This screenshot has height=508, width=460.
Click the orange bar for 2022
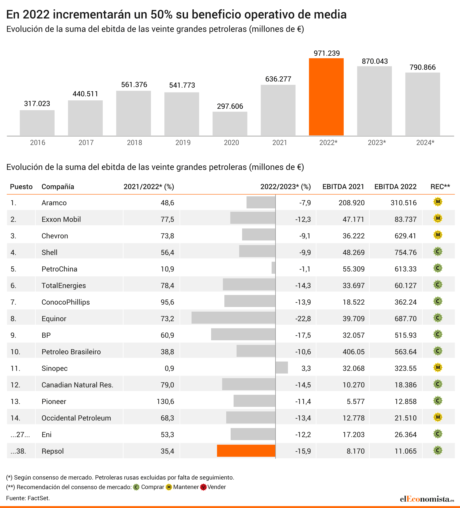pyautogui.click(x=326, y=97)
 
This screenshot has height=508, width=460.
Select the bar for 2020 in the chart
pyautogui.click(x=230, y=124)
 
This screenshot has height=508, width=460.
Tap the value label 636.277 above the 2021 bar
pyautogui.click(x=278, y=79)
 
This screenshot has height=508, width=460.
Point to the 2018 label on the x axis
pyautogui.click(x=135, y=143)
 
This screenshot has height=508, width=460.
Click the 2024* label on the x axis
pyautogui.click(x=425, y=143)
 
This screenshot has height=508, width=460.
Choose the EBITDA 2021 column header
pyautogui.click(x=343, y=187)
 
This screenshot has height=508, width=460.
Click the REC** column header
pyautogui.click(x=440, y=187)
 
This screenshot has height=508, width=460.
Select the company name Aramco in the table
pyautogui.click(x=54, y=203)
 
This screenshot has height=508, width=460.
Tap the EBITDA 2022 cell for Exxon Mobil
pyautogui.click(x=406, y=219)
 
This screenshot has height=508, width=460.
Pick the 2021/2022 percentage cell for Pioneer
pyautogui.click(x=165, y=401)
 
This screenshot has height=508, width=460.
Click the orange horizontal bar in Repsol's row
pyautogui.click(x=246, y=451)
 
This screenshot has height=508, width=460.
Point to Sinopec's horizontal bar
pyautogui.click(x=282, y=367)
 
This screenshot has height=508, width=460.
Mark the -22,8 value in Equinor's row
pyautogui.click(x=303, y=319)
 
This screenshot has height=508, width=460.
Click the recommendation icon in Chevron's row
pyautogui.click(x=438, y=235)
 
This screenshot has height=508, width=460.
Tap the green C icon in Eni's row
pyautogui.click(x=438, y=434)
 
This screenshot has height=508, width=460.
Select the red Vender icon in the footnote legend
pyautogui.click(x=203, y=487)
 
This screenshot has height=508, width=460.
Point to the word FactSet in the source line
pyautogui.click(x=39, y=498)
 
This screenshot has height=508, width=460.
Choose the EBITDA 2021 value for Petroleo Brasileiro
pyautogui.click(x=353, y=352)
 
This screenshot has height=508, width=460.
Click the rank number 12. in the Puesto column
pyautogui.click(x=15, y=385)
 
